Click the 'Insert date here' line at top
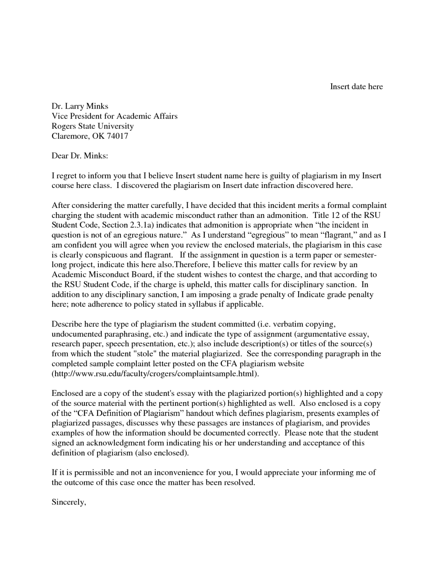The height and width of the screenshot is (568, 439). [x=356, y=87]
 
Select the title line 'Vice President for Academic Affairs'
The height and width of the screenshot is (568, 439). [x=114, y=116]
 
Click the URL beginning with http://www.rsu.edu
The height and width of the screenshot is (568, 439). [x=155, y=374]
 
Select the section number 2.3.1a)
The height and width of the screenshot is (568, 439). [x=141, y=225]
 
